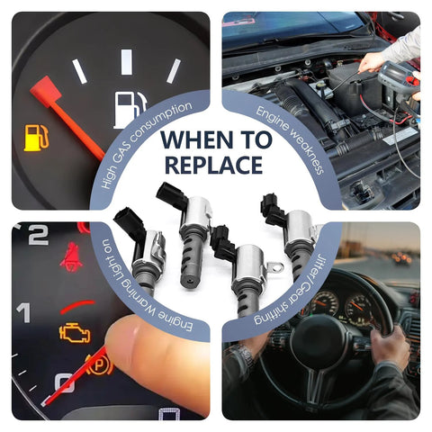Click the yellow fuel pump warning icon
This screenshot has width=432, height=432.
36,138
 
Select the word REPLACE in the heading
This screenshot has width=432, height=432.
214,165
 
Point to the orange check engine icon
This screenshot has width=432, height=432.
75,333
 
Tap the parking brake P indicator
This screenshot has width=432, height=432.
99,365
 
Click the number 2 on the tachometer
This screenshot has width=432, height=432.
38,235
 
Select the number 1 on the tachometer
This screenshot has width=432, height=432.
23,312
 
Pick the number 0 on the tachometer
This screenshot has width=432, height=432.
64,382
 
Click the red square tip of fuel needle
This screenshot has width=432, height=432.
46,91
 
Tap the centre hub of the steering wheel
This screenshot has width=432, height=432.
318,339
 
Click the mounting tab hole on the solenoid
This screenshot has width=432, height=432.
276,267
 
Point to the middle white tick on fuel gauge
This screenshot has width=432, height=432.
126,62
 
